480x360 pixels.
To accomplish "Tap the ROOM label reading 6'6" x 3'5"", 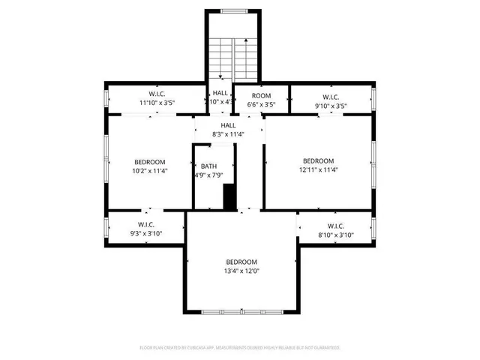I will (261, 96).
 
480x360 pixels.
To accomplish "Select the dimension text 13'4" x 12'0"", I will (241, 271).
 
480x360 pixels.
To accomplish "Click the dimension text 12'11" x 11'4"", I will (318, 169).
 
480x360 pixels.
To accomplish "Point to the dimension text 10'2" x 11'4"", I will (150, 170).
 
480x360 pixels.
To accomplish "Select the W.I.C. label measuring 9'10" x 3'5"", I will (331, 96).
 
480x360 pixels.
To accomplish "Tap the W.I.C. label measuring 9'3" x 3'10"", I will (145, 224).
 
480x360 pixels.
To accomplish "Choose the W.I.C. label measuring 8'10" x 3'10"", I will (335, 225).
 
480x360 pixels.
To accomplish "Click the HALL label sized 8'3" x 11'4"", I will (228, 125).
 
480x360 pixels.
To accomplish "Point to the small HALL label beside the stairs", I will (220, 93).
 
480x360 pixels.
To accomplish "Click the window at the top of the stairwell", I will (233, 10).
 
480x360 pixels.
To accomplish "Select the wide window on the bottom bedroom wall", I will (241, 311).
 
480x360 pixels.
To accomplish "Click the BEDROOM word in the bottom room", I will (241, 262).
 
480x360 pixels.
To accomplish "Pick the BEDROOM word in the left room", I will (150, 161).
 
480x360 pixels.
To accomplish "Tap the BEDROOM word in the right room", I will (318, 160).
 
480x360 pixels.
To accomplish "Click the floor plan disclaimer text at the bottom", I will (240, 347).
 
